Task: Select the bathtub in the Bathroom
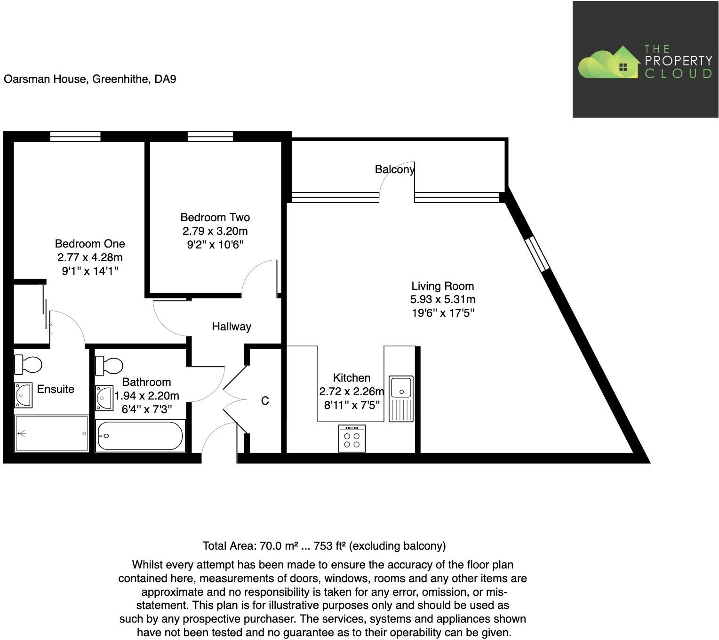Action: (x=140, y=436)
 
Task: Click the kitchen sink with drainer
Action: (x=401, y=398)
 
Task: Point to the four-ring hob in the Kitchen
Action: (x=352, y=439)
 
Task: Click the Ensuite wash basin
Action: (x=23, y=395)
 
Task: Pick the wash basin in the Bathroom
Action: (x=104, y=398)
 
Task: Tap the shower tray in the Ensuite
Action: (x=51, y=433)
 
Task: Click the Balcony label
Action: (x=394, y=169)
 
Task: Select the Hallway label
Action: (x=232, y=327)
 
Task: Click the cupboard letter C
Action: (x=265, y=400)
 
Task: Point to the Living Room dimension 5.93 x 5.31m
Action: (x=443, y=299)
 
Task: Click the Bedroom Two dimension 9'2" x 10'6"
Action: (x=215, y=245)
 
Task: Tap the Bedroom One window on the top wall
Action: (x=75, y=136)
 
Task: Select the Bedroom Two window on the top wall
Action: (x=210, y=136)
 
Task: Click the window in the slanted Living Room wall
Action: (x=537, y=255)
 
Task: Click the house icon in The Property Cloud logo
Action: (x=623, y=64)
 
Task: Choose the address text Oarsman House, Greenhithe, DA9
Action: (x=90, y=79)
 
